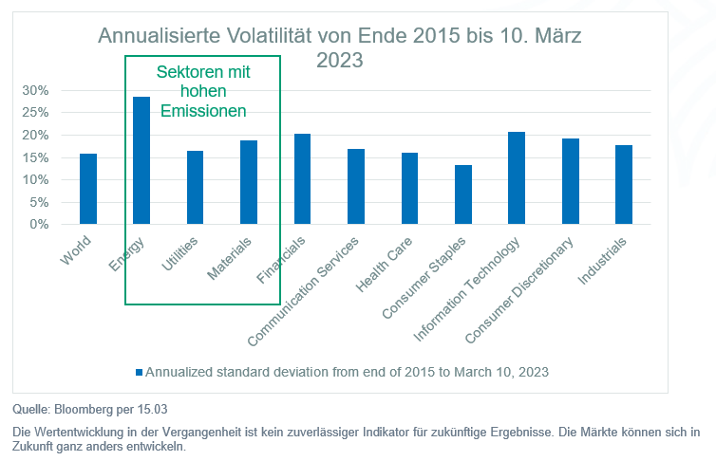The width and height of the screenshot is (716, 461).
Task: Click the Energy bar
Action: tap(141, 161)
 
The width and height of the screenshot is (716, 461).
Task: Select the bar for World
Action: tap(87, 189)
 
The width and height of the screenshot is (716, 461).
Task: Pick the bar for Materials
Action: tap(249, 182)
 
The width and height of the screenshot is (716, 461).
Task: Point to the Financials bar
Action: tap(302, 179)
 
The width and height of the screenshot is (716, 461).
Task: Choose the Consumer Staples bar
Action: tap(463, 194)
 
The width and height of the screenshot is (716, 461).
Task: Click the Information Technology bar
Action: tap(517, 178)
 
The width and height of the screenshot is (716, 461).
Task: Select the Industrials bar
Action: tap(624, 185)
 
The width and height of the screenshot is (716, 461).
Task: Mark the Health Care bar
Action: tap(409, 189)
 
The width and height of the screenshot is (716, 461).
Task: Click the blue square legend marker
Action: tap(140, 372)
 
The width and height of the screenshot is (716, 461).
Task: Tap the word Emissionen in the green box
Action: tap(202, 111)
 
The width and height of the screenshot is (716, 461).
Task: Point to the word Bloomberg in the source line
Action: tap(81, 410)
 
